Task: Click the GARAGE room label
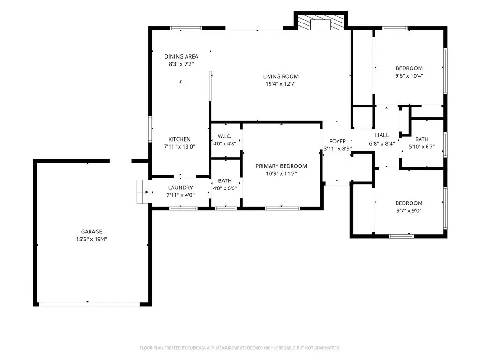pos(91,232)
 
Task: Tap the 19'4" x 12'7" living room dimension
pos(281,84)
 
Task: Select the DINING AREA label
pos(181,57)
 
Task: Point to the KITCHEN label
pos(180,139)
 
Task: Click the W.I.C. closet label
pos(225,136)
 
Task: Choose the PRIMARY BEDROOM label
pos(281,166)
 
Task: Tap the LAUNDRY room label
pos(180,187)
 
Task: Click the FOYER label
pos(337,142)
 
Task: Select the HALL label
pos(382,135)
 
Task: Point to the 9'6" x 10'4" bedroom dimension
pos(409,76)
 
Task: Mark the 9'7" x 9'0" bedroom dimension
pos(409,210)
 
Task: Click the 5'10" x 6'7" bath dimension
pos(421,147)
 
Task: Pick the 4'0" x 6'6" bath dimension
pos(225,188)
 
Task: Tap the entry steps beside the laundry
pos(142,192)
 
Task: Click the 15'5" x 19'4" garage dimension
pos(91,240)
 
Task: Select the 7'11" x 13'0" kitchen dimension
pos(180,147)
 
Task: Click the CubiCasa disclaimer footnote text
pos(240,348)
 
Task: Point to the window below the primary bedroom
pos(282,209)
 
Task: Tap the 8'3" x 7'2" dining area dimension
pos(181,64)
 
